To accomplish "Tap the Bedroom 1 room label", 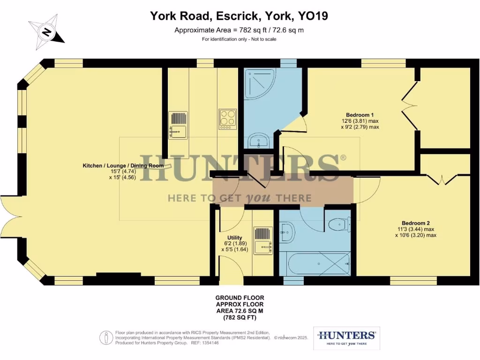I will (360, 115).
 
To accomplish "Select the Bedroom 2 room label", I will (415, 223).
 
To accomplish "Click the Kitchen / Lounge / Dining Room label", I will (123, 165).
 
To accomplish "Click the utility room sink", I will (263, 240).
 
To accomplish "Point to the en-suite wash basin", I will (259, 140).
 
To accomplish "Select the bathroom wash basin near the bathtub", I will (287, 231).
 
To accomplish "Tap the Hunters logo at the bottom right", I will (346, 338).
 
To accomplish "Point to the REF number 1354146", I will (210, 343).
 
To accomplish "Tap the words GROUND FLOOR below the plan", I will (240, 298).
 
